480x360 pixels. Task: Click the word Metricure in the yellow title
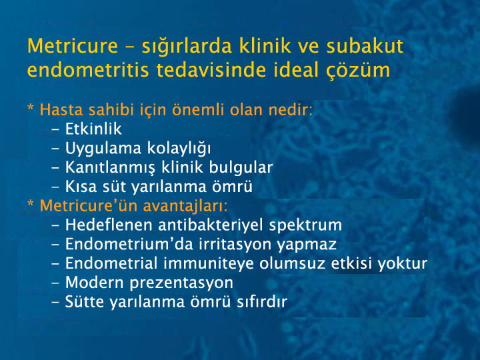click(73, 46)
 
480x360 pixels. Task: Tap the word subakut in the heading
click(365, 46)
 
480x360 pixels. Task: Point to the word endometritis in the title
click(88, 70)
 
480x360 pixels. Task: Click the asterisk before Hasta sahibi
click(31, 108)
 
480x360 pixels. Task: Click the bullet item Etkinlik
click(93, 129)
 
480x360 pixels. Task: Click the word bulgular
click(241, 167)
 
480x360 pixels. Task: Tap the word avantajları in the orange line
click(185, 206)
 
